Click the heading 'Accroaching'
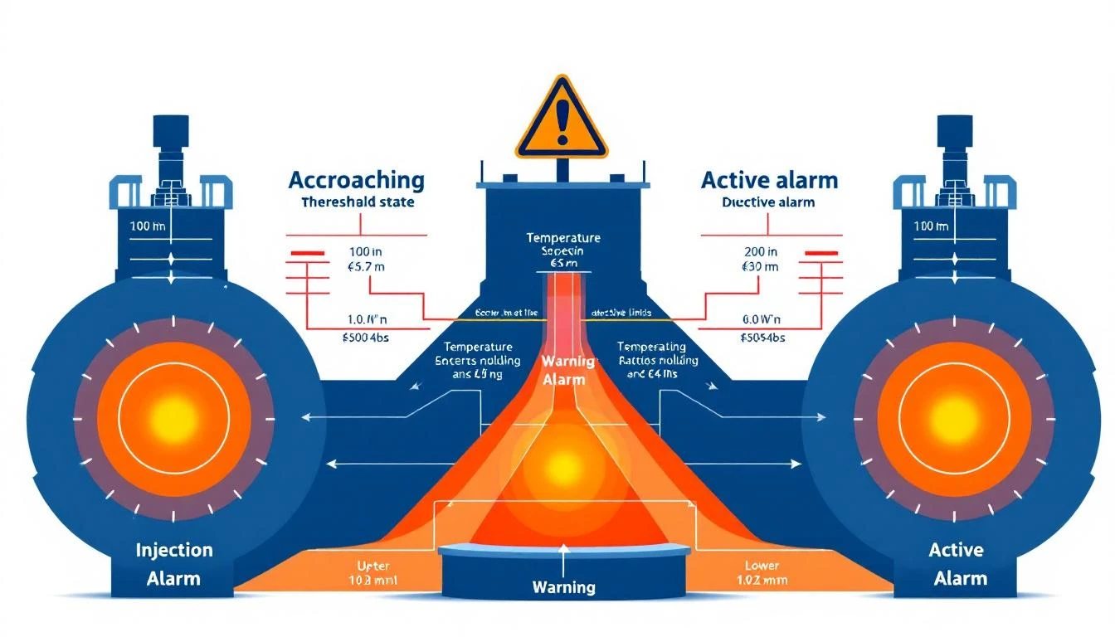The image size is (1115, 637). pyautogui.click(x=356, y=180)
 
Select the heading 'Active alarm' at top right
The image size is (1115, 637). pyautogui.click(x=769, y=180)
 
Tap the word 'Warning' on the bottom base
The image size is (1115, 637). pyautogui.click(x=563, y=587)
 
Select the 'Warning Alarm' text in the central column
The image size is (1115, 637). pyautogui.click(x=563, y=371)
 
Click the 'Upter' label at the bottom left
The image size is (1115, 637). pyautogui.click(x=372, y=565)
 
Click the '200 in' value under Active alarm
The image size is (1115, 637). pyautogui.click(x=761, y=251)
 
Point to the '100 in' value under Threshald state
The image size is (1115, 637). pyautogui.click(x=365, y=251)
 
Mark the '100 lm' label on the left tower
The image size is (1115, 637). pyautogui.click(x=148, y=226)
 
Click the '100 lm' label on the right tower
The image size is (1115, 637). pyautogui.click(x=930, y=226)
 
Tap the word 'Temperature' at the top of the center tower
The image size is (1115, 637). pyautogui.click(x=563, y=238)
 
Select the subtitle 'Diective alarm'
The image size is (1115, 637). pyautogui.click(x=768, y=202)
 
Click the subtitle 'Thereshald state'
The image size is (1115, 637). pyautogui.click(x=358, y=202)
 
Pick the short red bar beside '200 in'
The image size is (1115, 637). pyautogui.click(x=824, y=251)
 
